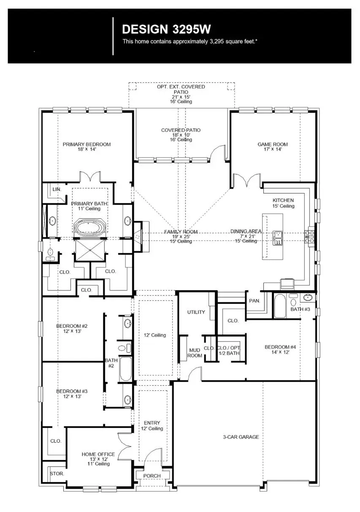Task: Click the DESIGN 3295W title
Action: (x=166, y=29)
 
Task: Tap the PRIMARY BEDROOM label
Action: (x=87, y=144)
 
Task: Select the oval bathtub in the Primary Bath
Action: (x=89, y=227)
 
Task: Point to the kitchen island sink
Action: (x=277, y=238)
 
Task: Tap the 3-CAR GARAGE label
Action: (x=241, y=437)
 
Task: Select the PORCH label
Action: (x=152, y=476)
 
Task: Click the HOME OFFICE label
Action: (x=98, y=455)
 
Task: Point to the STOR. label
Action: (x=57, y=474)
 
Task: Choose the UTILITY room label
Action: (x=196, y=312)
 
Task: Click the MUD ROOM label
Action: (x=195, y=353)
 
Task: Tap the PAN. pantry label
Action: (x=254, y=301)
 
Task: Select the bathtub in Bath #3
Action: (x=280, y=306)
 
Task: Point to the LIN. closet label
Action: (x=57, y=190)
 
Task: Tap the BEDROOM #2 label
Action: (x=72, y=326)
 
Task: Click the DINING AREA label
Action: (x=246, y=231)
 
